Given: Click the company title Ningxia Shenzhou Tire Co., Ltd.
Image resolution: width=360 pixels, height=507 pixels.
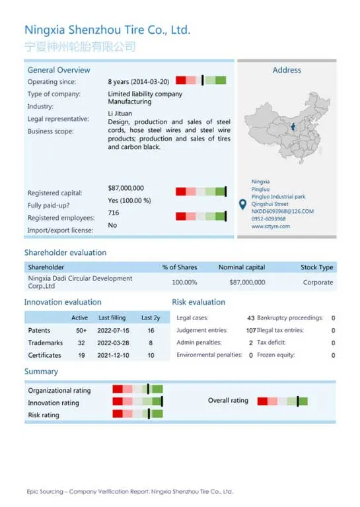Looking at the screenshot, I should coord(107,30).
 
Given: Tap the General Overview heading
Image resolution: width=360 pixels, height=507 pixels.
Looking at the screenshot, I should coord(59,70).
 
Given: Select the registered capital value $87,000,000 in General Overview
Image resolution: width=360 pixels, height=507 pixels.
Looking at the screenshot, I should coord(126,188).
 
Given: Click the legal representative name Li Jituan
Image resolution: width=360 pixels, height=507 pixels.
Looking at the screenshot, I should coord(120,114).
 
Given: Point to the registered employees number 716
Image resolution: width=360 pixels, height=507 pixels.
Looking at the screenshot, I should coord(114,213).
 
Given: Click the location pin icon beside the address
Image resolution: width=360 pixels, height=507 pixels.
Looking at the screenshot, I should coord(242,205).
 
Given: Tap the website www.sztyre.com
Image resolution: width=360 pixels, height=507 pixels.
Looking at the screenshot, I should coord(271,226).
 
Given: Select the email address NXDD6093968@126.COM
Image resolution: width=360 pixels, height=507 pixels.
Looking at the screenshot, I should coord(283,211).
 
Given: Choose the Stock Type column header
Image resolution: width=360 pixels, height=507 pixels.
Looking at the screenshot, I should coord(317,267).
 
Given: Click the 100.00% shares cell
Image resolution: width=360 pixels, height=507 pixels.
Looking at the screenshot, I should coord(184,282).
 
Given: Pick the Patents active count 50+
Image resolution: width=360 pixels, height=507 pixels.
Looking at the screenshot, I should coord(81,330).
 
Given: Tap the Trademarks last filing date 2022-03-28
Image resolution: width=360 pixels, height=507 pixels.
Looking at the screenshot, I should coord(113,343).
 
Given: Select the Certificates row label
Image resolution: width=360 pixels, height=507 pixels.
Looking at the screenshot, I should coord(44,355).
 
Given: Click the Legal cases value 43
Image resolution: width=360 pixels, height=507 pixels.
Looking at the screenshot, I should coord(250,318).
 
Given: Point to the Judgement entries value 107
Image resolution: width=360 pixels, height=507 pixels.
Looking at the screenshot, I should coord(250,330).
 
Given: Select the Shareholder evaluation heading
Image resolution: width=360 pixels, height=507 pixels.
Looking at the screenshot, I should coord(65,252).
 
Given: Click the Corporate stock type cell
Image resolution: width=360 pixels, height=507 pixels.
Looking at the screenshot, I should coord(318,282).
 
